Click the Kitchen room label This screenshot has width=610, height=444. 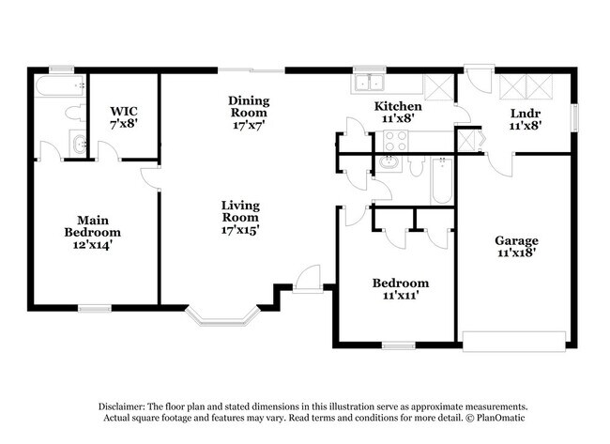[x=398, y=106]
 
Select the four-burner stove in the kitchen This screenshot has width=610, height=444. [x=395, y=142]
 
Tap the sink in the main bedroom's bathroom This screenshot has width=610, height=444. [x=79, y=145]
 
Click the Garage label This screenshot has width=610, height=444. [x=516, y=240]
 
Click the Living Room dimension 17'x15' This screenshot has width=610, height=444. [x=240, y=228]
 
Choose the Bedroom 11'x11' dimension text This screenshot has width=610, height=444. [x=400, y=296]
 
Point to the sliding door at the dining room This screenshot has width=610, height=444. [x=252, y=69]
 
